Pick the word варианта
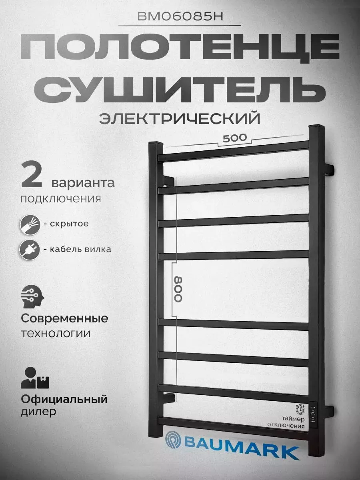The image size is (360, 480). pos(83,183)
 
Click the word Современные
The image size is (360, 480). pos(64,319)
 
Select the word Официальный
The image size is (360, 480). pos(64,399)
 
